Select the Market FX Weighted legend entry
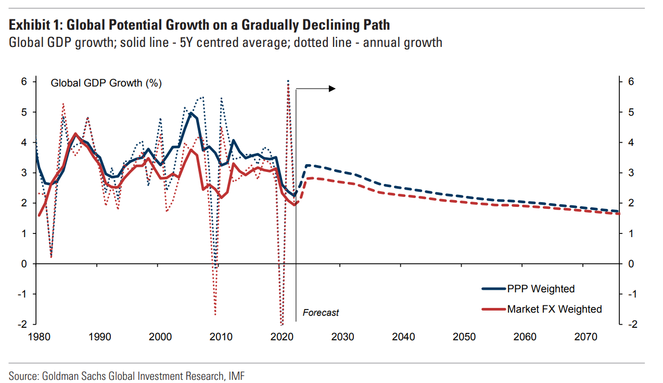(554, 309)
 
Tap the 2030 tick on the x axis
(342, 337)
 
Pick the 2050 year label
(464, 337)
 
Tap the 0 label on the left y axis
(24, 264)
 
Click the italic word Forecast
(321, 313)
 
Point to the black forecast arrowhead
(332, 89)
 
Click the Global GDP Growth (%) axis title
(106, 83)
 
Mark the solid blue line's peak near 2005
(191, 113)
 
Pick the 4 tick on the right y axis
(630, 142)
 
